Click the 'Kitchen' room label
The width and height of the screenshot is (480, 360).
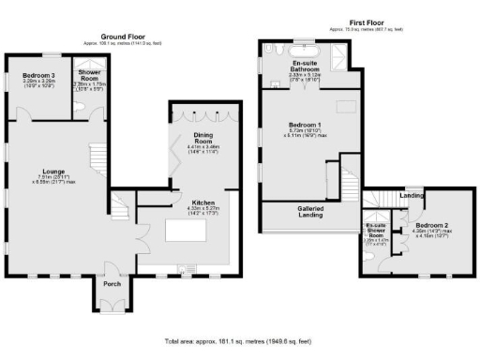point(204,202)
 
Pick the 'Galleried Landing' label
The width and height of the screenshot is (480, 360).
point(310,213)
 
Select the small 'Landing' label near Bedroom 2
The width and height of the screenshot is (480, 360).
point(411,195)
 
